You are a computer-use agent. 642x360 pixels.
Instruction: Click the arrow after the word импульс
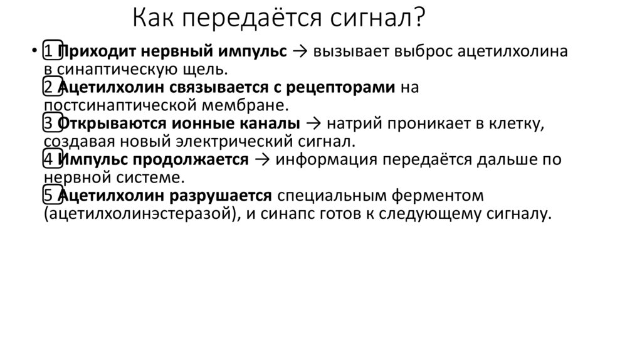tap(299, 52)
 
